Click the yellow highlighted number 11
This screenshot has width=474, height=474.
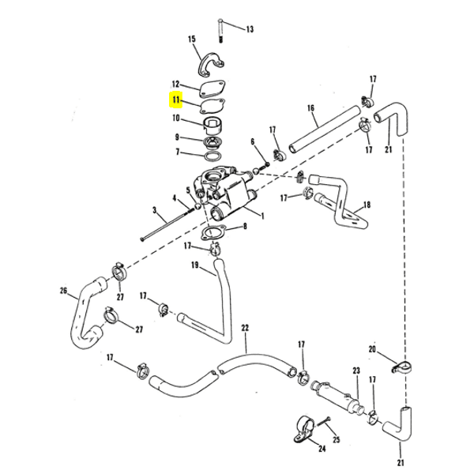click(175, 100)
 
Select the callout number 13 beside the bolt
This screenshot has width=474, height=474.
click(250, 29)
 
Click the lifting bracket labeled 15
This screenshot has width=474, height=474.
click(210, 61)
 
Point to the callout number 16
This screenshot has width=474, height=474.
click(310, 107)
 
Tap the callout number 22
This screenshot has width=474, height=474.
click(245, 327)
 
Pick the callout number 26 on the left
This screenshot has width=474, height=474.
click(64, 290)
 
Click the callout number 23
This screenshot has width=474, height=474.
click(356, 371)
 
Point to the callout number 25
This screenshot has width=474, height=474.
click(336, 439)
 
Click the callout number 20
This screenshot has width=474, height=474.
click(372, 348)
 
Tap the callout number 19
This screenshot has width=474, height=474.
click(194, 265)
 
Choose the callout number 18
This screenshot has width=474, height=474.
click(367, 204)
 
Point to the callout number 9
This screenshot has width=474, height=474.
click(177, 137)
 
